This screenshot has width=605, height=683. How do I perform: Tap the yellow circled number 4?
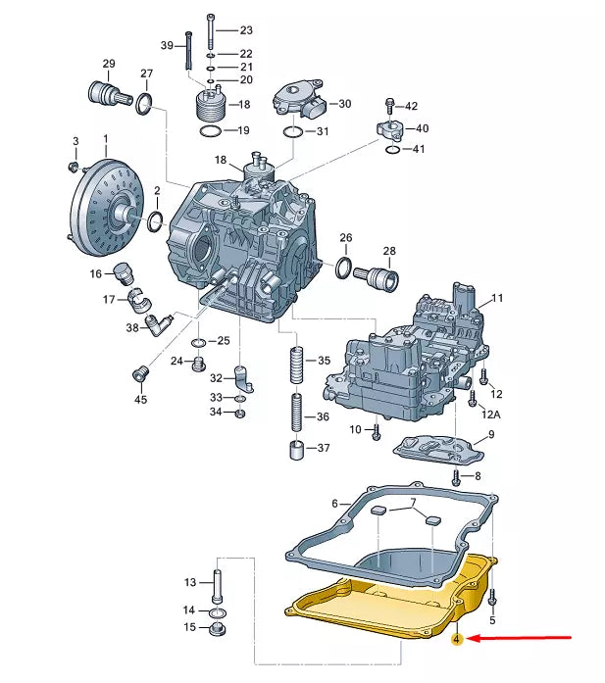pos(457,640)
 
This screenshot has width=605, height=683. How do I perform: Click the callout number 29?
pos(109,64)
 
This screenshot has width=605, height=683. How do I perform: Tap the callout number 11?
pos(496,298)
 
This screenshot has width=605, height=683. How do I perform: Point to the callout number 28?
pos(389,251)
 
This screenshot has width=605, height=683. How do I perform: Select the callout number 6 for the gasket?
pos(334,504)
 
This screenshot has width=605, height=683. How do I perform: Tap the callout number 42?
pos(411,106)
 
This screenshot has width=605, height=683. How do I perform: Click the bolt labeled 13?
pos(217,585)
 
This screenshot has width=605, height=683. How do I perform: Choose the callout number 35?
pos(323,361)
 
